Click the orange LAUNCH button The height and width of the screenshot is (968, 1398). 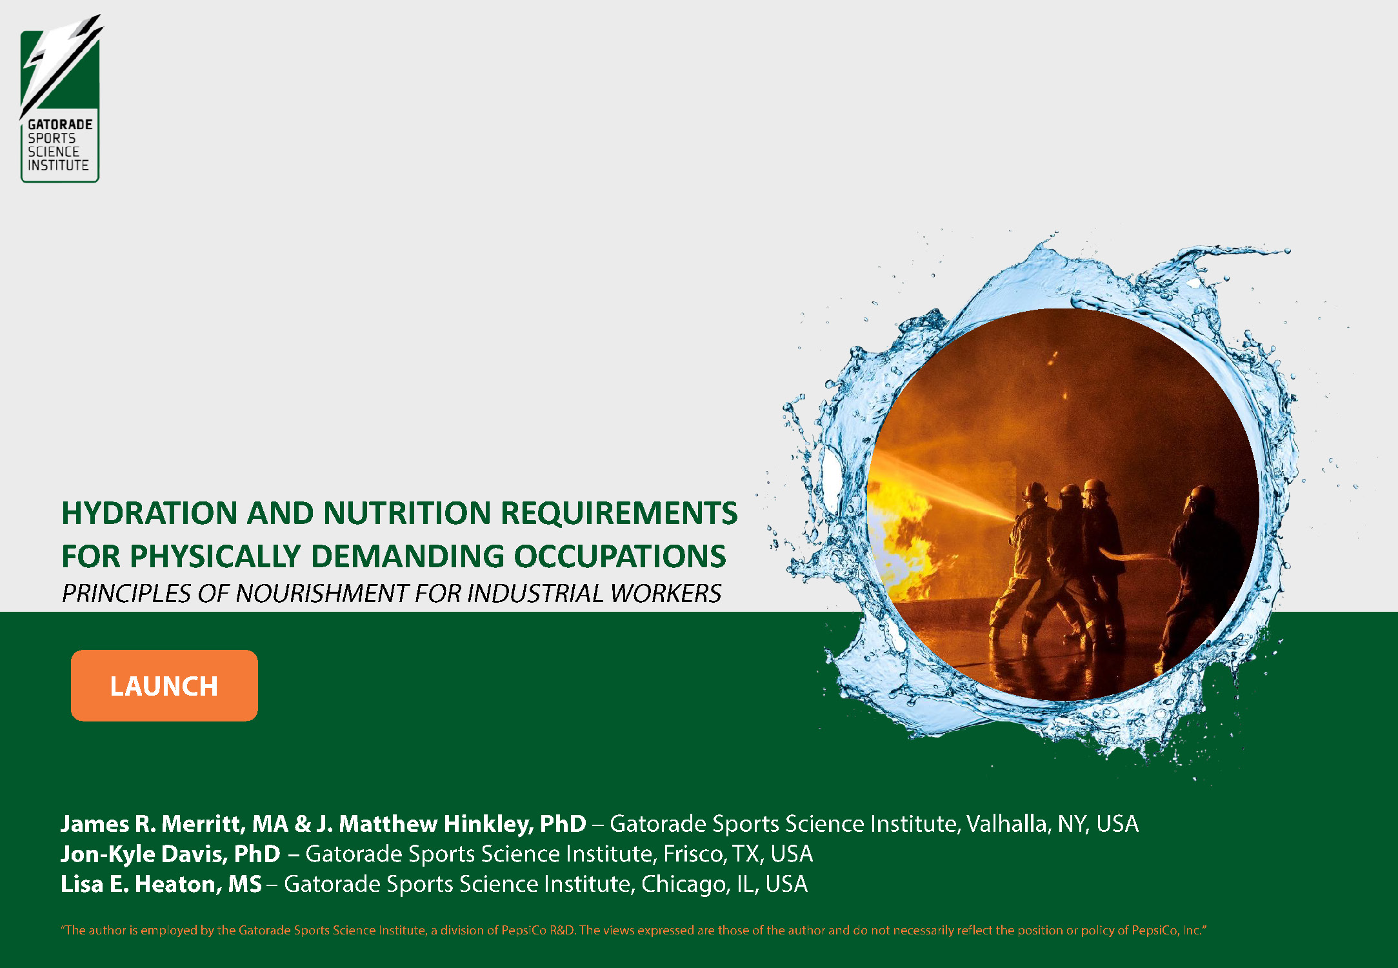point(165,685)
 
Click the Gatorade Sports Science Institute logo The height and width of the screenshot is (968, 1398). point(61,99)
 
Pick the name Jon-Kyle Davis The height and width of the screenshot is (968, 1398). point(143,854)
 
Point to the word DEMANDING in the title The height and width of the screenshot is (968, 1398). point(408,556)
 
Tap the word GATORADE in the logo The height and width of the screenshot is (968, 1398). point(60,125)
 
